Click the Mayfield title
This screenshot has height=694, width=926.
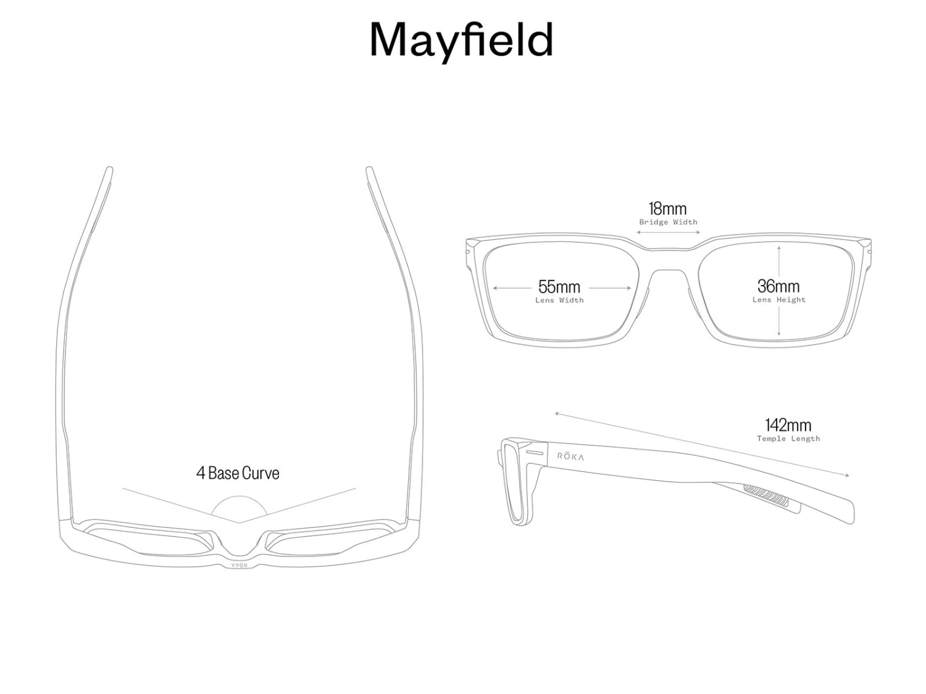coord(461,40)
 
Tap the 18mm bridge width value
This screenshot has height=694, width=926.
coord(667,209)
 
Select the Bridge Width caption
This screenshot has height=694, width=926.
coord(668,222)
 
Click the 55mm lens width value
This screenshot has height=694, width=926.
coord(559,287)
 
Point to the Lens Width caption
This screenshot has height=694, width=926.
coord(559,300)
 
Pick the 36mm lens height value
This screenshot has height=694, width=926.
coord(778,286)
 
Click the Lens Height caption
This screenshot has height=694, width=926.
coord(778,300)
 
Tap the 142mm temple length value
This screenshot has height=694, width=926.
coord(788,425)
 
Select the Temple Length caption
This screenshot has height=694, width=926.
coord(788,439)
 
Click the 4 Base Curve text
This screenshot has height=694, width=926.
coord(238,473)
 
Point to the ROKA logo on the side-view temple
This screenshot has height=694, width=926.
coord(570,456)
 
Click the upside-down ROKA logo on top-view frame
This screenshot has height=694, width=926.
coord(239,565)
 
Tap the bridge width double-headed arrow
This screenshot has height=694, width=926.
coord(668,233)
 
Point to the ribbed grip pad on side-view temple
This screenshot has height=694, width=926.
coord(765,494)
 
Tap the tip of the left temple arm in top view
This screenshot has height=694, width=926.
coord(109,170)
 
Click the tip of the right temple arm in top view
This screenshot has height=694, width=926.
coord(369,170)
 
